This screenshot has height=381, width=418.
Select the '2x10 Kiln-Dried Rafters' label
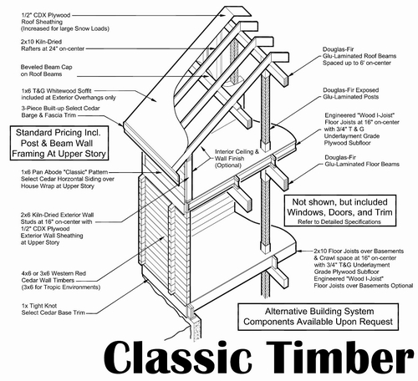pyautogui.click(x=53, y=45)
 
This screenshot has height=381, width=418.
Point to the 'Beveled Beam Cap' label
pyautogui.click(x=47, y=70)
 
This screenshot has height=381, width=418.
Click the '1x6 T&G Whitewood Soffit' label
pyautogui.click(x=69, y=94)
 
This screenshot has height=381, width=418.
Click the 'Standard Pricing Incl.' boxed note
pyautogui.click(x=59, y=143)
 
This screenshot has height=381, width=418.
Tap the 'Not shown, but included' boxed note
pyautogui.click(x=339, y=211)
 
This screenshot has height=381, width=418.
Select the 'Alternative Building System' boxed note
pyautogui.click(x=318, y=317)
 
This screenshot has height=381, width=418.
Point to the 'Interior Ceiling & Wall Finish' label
pyautogui.click(x=237, y=159)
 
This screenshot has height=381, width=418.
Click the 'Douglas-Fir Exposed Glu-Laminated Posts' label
pyautogui.click(x=351, y=94)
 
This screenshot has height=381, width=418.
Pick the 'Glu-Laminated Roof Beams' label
pyautogui.click(x=359, y=56)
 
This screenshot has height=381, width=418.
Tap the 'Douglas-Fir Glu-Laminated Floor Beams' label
pyautogui.click(x=362, y=161)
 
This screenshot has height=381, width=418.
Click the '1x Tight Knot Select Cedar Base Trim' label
pyautogui.click(x=53, y=309)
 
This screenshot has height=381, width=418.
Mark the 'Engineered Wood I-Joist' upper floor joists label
pyautogui.click(x=362, y=129)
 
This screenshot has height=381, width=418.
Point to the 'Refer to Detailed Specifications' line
pyautogui.click(x=339, y=221)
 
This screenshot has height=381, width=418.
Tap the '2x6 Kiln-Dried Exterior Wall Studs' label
pyautogui.click(x=57, y=229)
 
